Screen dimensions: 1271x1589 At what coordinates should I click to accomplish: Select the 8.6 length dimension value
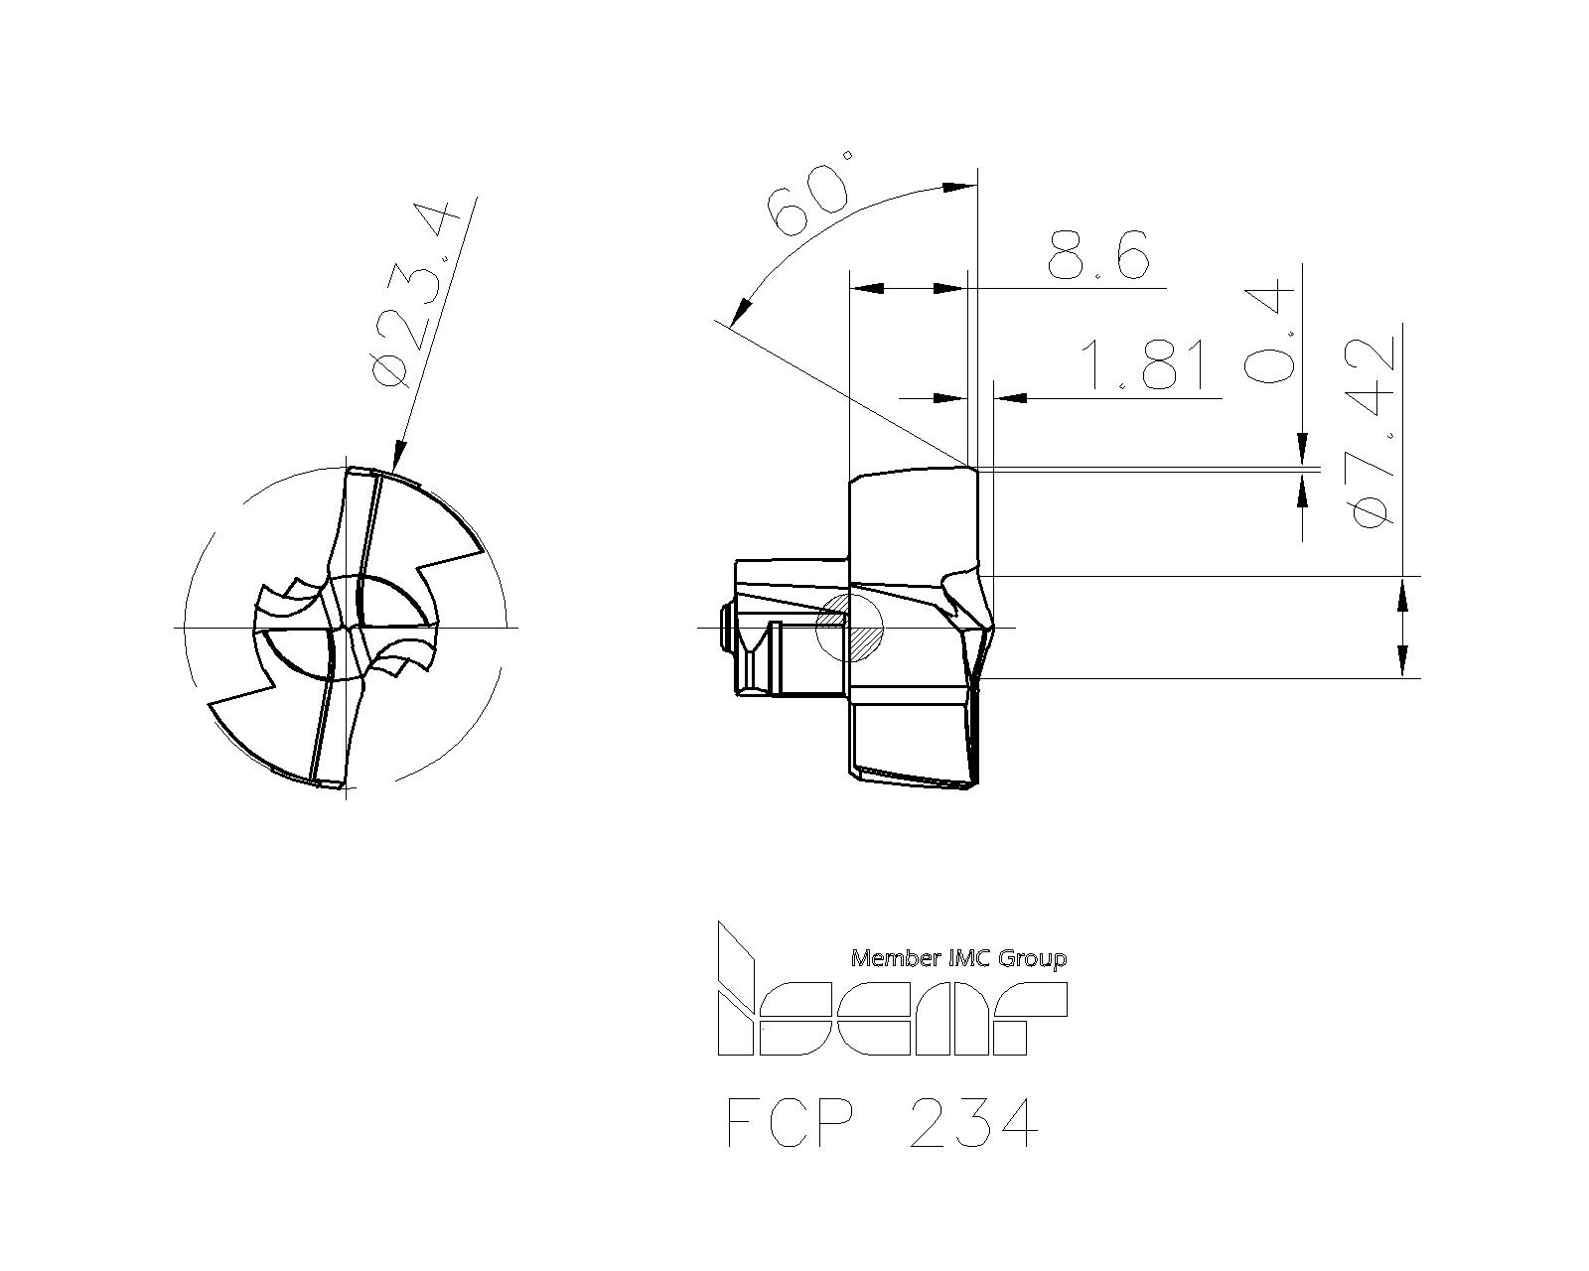[x=1097, y=256]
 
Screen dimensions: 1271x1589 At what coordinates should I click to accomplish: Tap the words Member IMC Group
[x=959, y=958]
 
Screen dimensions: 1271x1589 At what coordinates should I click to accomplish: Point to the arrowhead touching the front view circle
[x=399, y=457]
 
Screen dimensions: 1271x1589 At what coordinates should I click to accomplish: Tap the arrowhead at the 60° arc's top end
[x=957, y=186]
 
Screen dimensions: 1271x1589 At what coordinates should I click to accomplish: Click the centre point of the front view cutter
[x=347, y=628]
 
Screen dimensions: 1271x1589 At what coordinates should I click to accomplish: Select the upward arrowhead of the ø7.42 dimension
[x=1401, y=597]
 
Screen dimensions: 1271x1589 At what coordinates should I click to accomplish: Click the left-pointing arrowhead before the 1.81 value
[x=1010, y=398]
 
